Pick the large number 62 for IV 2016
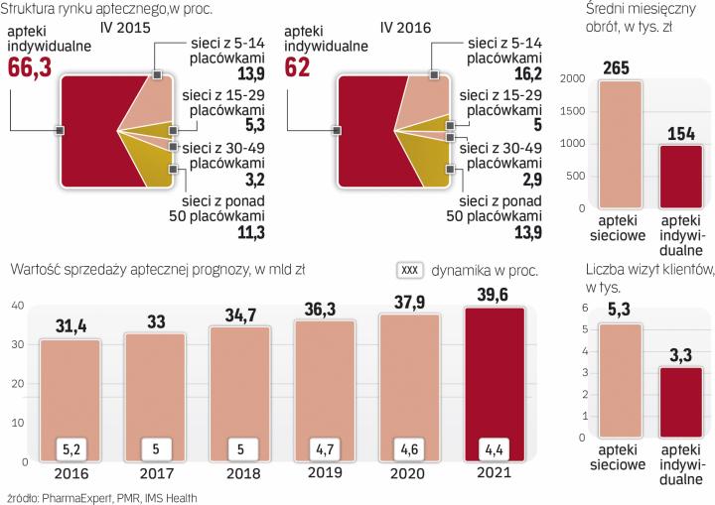click(x=298, y=66)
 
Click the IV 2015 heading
click(x=124, y=30)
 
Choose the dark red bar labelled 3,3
click(x=680, y=414)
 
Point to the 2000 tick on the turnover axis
click(x=573, y=82)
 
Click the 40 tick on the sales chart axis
click(x=17, y=306)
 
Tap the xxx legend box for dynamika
click(x=410, y=269)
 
